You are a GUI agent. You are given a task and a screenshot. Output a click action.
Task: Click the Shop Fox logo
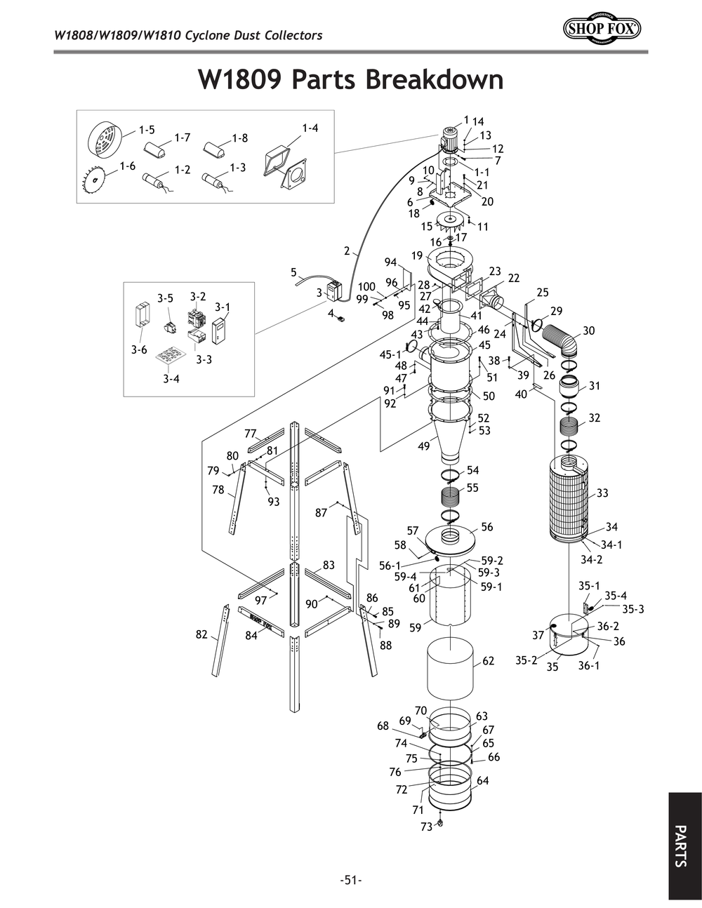coord(602,29)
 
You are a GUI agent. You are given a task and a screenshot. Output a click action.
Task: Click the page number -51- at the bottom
coord(350,880)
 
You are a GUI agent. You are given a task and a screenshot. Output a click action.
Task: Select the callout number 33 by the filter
coord(602,493)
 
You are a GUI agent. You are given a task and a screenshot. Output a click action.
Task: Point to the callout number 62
coord(489,660)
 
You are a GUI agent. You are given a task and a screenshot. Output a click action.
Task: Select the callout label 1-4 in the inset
coord(310,128)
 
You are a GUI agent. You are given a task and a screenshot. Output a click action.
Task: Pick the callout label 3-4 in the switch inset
coord(171,379)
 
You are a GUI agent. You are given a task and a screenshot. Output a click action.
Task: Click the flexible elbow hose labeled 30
coord(564,340)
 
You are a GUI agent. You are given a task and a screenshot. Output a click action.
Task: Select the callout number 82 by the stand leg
coord(201,634)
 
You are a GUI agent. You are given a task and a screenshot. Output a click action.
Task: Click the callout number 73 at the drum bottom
coord(426,827)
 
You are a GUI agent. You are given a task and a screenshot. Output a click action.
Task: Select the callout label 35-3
coord(633,609)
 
